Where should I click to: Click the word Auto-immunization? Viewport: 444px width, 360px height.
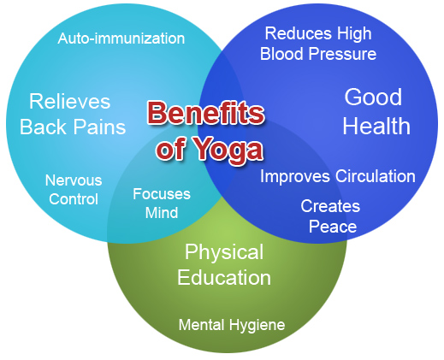tap(121, 38)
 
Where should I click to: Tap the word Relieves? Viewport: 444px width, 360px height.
tap(70, 102)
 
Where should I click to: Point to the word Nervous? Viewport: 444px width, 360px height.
tap(74, 180)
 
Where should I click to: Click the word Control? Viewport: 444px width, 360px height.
tap(74, 199)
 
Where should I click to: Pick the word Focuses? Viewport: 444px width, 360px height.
tap(162, 194)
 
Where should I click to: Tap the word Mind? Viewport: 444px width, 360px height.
tap(162, 213)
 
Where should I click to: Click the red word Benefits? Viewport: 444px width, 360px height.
tap(206, 113)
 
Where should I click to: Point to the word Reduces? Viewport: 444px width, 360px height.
tap(299, 33)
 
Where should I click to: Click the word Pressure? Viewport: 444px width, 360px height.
tap(343, 54)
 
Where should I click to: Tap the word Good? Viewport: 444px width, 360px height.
tap(373, 97)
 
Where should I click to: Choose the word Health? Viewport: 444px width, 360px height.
tap(376, 126)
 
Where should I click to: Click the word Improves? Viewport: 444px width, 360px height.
tap(295, 176)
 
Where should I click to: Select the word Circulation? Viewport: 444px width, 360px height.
tap(376, 176)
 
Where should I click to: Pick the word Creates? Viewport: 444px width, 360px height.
tap(330, 206)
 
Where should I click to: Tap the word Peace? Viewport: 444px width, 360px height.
tap(333, 227)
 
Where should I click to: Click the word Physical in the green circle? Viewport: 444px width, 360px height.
tap(224, 252)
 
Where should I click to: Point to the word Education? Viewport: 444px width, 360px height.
tap(224, 278)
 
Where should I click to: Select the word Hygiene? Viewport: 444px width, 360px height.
tap(258, 325)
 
